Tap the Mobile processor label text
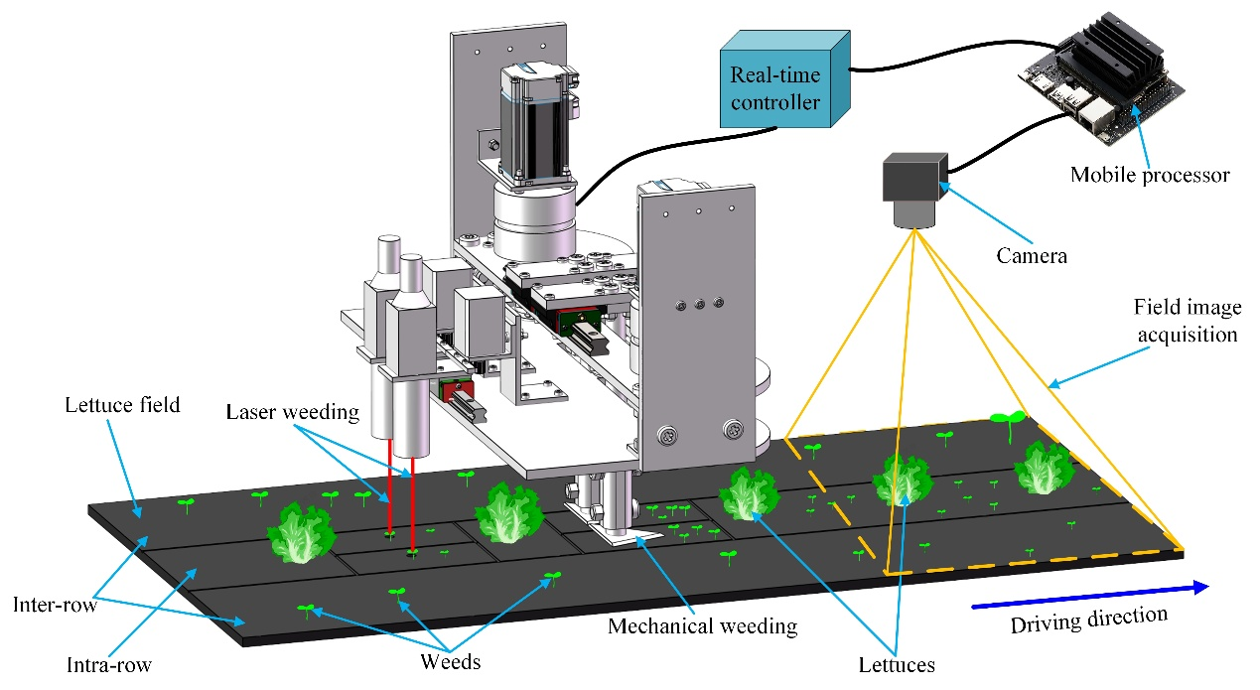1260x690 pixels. (1150, 176)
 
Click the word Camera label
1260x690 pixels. (1032, 256)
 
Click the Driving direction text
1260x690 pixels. (1088, 621)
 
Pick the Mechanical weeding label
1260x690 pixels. (703, 626)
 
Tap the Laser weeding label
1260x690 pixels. (293, 411)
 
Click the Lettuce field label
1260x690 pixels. (122, 405)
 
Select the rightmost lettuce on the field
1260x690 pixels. (1042, 468)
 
